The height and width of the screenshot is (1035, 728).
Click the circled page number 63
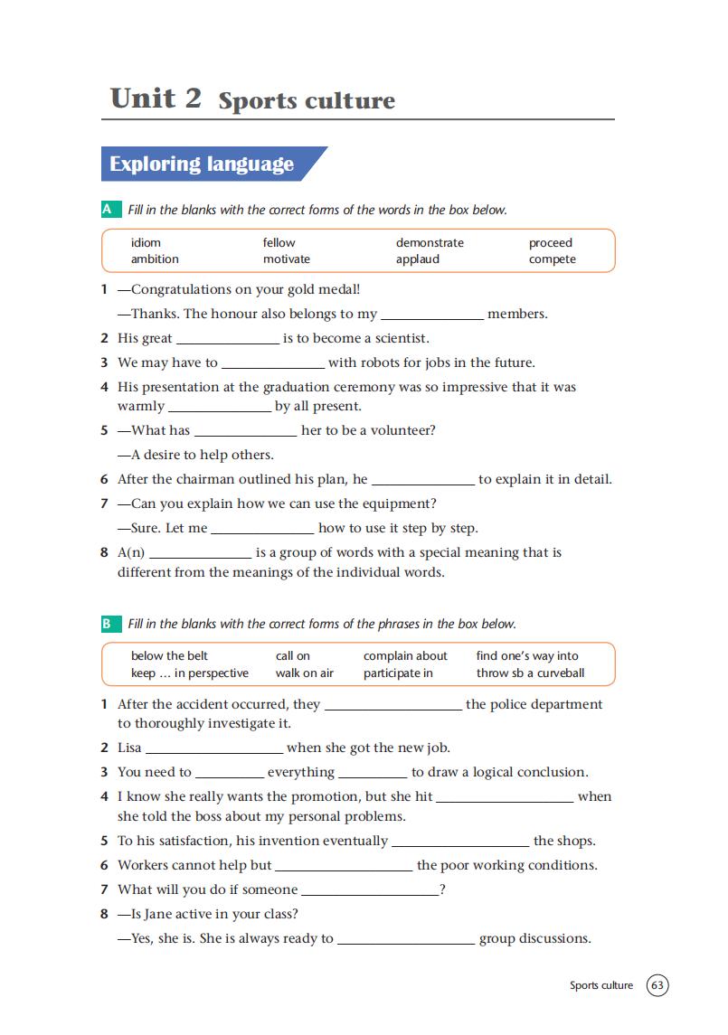pos(657,985)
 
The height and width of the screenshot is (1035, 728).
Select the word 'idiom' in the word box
pos(146,242)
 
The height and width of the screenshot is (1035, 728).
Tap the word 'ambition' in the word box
pos(155,259)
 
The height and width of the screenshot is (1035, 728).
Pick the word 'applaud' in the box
pos(417,259)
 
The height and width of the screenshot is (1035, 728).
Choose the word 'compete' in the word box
pos(552,259)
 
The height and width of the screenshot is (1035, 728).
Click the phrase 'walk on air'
pos(304,673)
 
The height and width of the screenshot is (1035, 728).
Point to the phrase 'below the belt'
pos(169,656)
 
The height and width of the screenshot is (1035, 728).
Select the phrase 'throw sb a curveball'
pos(530,673)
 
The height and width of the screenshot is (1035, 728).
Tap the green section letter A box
pos(109,210)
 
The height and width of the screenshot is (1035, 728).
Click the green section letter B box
pos(109,624)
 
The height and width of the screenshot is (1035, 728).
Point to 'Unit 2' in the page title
pos(156,98)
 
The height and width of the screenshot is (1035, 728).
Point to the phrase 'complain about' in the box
pos(405,656)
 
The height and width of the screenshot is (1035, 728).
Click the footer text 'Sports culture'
pos(601,985)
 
